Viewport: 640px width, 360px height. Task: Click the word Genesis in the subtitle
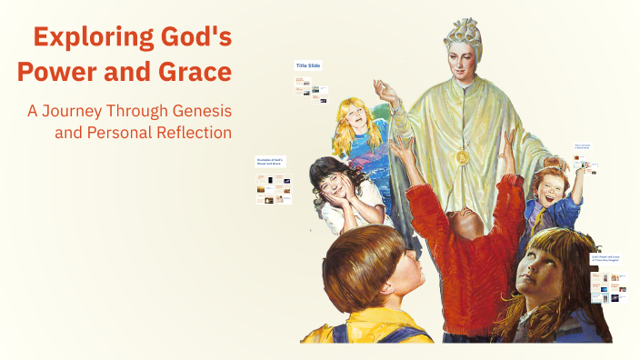(x=201, y=111)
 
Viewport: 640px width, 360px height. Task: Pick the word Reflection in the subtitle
(x=192, y=133)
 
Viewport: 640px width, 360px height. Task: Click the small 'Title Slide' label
(x=307, y=65)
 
